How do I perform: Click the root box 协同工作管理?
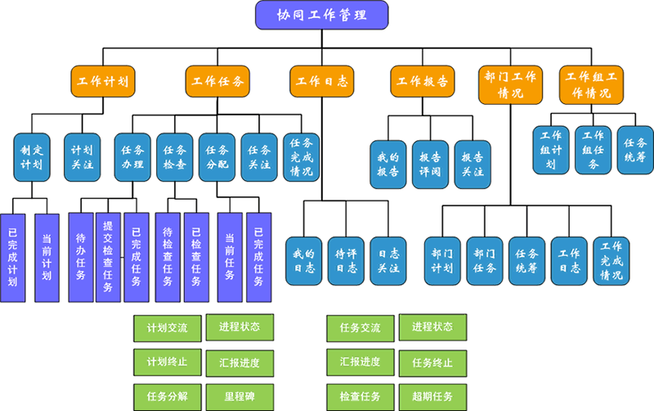tap(321, 15)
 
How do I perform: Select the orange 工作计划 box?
tap(103, 81)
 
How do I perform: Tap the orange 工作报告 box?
tap(422, 81)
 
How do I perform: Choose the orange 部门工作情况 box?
tap(510, 85)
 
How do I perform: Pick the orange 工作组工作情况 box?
tap(591, 85)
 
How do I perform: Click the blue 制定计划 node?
tap(32, 157)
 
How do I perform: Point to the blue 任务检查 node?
tap(175, 157)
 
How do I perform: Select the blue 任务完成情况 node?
tap(301, 157)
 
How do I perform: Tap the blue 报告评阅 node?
tap(431, 165)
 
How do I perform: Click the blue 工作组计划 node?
tap(551, 151)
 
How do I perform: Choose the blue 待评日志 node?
tap(346, 261)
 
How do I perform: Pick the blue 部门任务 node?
tap(485, 261)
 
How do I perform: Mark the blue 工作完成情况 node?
tap(611, 261)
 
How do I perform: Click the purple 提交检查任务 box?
tap(108, 257)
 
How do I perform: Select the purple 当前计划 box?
tap(47, 258)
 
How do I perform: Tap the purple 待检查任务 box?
tap(168, 257)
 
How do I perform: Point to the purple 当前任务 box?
tap(230, 257)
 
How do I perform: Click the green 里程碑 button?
tap(240, 397)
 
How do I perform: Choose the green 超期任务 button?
tap(432, 397)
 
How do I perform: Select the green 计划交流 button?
tap(168, 328)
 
